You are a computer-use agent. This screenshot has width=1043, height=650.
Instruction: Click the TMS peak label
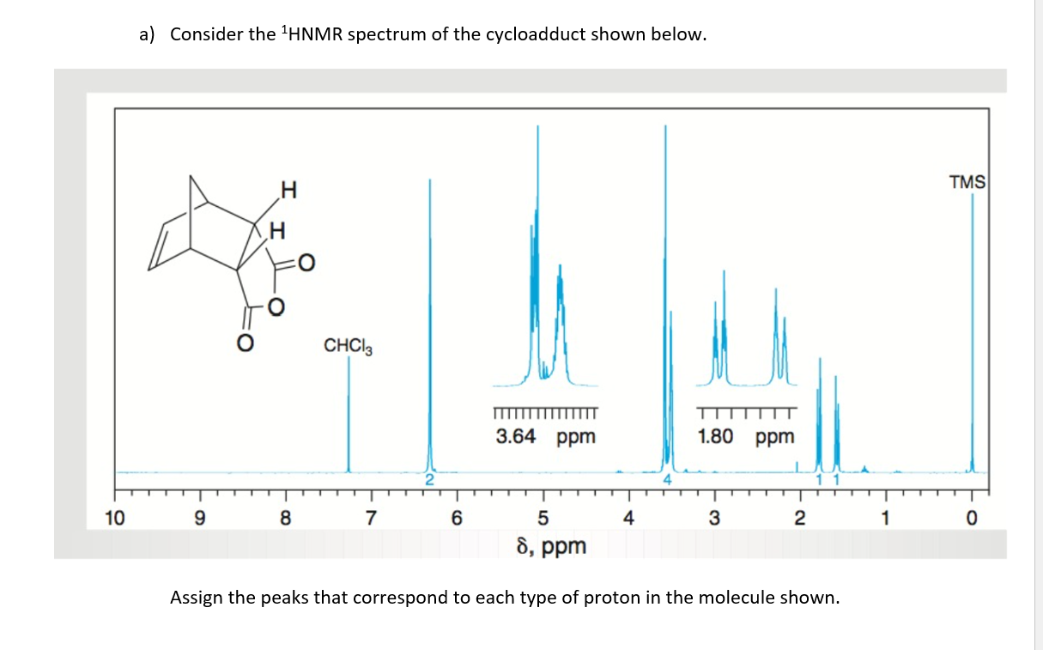point(967,182)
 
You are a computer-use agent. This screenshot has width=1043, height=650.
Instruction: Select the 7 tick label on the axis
point(371,518)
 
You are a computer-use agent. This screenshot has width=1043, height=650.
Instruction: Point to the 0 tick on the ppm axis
point(972,518)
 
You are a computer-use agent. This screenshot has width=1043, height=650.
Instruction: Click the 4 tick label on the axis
point(628,518)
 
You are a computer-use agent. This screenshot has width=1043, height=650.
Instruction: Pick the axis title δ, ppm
point(551,545)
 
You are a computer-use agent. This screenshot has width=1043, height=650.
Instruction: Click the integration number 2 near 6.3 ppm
point(431,480)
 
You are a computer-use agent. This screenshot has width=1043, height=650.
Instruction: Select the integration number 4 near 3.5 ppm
point(666,480)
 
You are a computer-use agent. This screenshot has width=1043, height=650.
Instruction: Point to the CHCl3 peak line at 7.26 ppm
point(349,412)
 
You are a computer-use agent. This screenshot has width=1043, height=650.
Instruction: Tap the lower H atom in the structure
point(277,230)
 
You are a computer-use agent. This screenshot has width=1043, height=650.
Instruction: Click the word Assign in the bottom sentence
point(196,597)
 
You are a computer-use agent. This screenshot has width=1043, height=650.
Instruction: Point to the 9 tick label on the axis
point(200,518)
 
